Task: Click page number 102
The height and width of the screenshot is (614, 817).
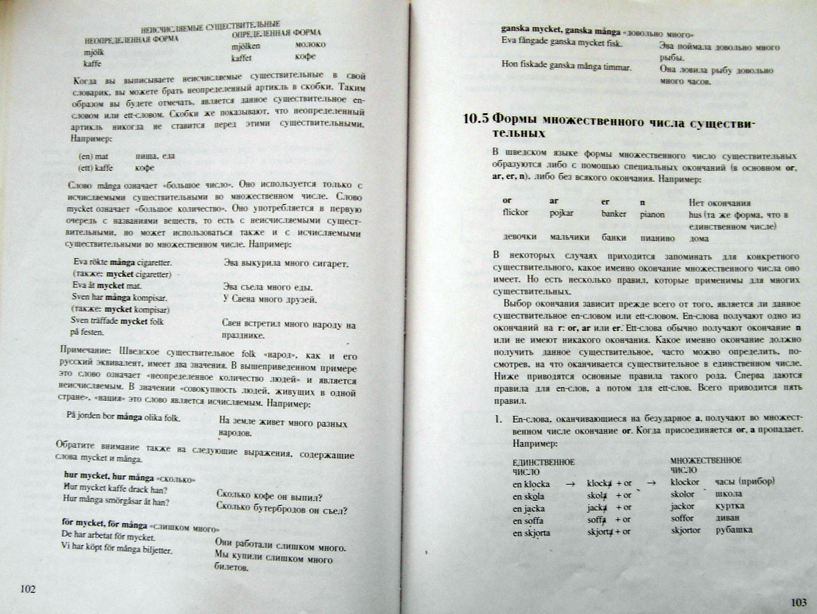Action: coord(28,589)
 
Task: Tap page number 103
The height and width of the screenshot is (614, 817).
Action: coord(799,603)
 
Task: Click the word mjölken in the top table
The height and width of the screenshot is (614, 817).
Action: coord(246,46)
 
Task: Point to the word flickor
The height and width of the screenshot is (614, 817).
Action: coord(515,213)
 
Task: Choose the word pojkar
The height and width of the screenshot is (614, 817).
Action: coord(561,213)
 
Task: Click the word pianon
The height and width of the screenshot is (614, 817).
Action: coord(652,214)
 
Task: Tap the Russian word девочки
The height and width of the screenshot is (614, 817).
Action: coord(520,236)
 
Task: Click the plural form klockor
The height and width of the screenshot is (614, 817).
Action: coord(685,482)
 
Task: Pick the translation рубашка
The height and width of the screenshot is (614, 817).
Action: coord(734,530)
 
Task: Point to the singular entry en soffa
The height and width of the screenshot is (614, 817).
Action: coord(528,521)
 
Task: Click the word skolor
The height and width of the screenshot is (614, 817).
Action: coord(683,494)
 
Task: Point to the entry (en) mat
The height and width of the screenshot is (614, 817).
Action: coord(93,156)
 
